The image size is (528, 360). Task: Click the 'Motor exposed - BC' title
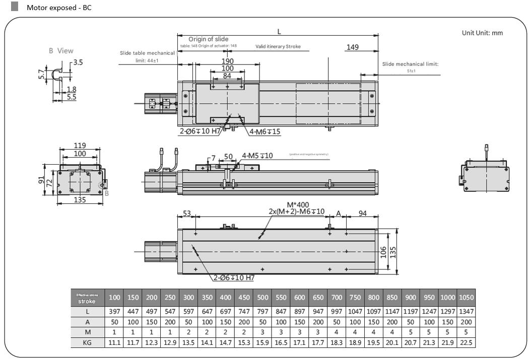(59, 8)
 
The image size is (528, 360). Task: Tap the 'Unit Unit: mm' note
(482, 33)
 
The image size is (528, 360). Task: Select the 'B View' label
(61, 50)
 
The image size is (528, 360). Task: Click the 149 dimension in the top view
(353, 47)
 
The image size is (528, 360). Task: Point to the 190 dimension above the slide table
(227, 61)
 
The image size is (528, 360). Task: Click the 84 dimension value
(227, 76)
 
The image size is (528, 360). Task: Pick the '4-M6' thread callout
(265, 132)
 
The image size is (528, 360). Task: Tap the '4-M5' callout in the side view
(257, 156)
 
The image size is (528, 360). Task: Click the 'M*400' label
(298, 204)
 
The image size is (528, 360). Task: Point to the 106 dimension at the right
(383, 251)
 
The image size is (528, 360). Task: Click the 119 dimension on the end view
(80, 146)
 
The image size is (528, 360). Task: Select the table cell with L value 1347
(467, 311)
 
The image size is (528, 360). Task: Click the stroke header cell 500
(262, 297)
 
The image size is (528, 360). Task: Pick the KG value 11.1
(114, 343)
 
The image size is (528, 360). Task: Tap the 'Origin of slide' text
(208, 39)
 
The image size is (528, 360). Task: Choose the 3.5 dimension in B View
(78, 63)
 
